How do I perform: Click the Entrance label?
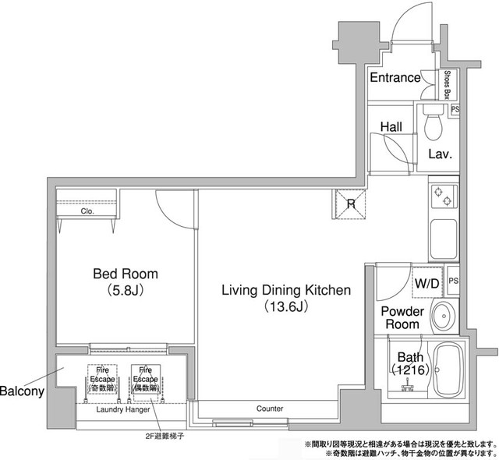tap(395, 78)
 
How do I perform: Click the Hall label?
tap(391, 126)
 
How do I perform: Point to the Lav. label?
tap(440, 154)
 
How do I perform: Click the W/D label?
tap(426, 283)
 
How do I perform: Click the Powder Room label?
tap(402, 318)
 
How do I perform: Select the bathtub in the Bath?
tap(448, 370)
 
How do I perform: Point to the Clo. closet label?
tap(87, 211)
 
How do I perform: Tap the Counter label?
tap(269, 409)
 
